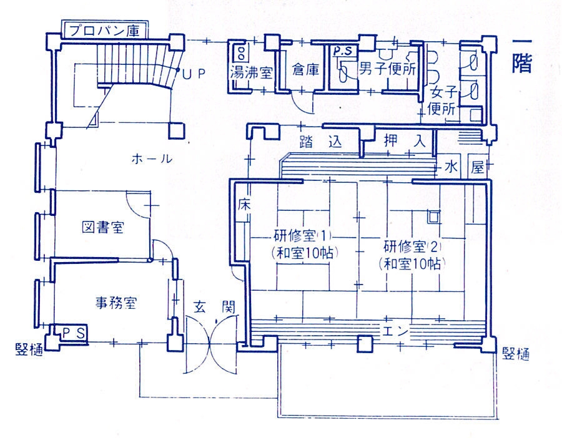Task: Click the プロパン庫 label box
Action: tap(104, 30)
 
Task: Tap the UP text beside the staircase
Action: tap(194, 74)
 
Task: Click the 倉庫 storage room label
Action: tap(305, 69)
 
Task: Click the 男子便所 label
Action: tap(388, 69)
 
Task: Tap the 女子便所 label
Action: tap(443, 100)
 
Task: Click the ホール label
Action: tap(152, 158)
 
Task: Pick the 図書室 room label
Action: tap(103, 227)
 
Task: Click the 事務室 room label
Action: tap(116, 303)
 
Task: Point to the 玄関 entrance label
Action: tap(214, 306)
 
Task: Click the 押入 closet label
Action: tap(404, 141)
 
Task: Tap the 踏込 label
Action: tap(321, 142)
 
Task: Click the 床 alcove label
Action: tap(244, 205)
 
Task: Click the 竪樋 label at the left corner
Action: tap(29, 349)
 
